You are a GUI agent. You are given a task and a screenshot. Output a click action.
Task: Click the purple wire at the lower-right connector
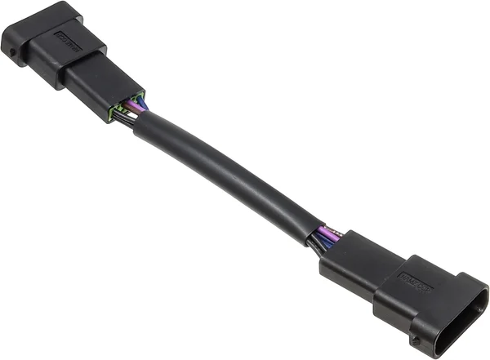point(329,234)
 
